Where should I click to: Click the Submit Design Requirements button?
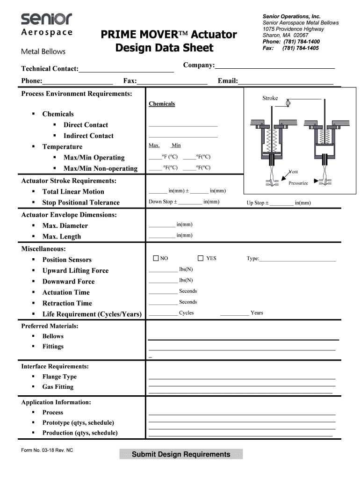[x=181, y=454]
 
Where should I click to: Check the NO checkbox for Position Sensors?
[x=156, y=258]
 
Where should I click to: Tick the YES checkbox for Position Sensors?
[x=201, y=258]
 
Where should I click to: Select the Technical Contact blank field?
[x=126, y=69]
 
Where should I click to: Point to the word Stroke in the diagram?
[x=270, y=98]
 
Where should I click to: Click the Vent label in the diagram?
[x=293, y=172]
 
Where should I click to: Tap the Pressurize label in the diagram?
[x=298, y=183]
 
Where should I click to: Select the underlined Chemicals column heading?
[x=162, y=104]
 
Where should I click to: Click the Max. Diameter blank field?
[x=161, y=225]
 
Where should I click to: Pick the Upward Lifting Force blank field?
[x=163, y=270]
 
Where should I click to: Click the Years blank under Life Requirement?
[x=234, y=313]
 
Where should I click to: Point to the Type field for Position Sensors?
[x=297, y=259]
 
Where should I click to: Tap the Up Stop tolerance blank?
[x=281, y=203]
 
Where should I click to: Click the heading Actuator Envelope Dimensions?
[x=69, y=215]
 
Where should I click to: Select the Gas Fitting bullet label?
[x=58, y=387]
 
